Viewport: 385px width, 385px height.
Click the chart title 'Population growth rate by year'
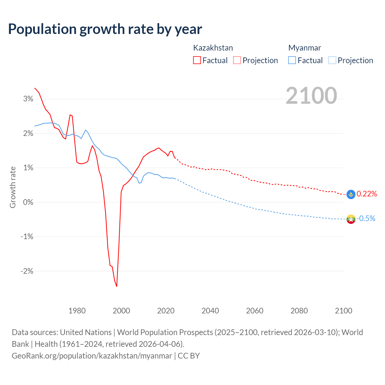(105, 29)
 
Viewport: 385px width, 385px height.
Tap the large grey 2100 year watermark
(311, 96)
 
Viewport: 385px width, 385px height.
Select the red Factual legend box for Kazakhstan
(197, 60)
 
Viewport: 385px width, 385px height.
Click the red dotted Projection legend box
(237, 60)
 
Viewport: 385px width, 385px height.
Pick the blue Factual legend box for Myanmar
(292, 60)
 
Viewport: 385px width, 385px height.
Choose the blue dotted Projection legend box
(332, 60)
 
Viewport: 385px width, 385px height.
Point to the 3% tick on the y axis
(28, 99)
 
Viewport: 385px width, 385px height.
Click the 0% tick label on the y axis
(28, 202)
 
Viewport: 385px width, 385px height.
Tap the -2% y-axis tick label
(27, 271)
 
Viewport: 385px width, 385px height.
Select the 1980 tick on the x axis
(77, 311)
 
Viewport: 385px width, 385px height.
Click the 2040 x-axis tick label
(210, 311)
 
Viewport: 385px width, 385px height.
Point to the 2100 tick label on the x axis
(343, 311)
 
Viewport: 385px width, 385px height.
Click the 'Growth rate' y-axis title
(13, 187)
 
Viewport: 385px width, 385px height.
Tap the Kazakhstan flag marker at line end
(351, 194)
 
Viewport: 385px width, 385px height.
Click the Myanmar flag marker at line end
(351, 219)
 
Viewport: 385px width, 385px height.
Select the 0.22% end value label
(367, 194)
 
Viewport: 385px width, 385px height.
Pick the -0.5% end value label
(366, 219)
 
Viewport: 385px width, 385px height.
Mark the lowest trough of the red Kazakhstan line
(117, 286)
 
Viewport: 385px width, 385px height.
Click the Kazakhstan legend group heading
(213, 48)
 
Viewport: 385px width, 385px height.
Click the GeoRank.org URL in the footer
(92, 356)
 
